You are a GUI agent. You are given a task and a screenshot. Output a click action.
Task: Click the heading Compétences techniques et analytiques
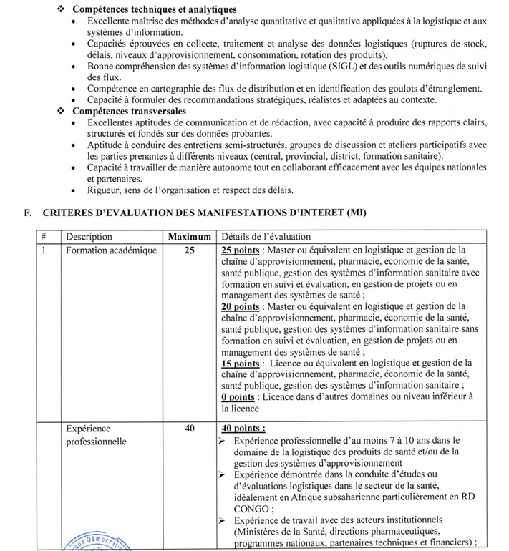[x=155, y=9]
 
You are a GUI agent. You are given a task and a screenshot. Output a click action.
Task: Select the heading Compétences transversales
[x=129, y=112]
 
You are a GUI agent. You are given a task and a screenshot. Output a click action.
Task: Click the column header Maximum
[x=190, y=237]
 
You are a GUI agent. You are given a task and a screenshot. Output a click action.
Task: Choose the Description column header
[x=89, y=237]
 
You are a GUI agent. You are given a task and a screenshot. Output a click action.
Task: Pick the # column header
[x=44, y=237]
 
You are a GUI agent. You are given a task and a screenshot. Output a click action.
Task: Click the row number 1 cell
[x=44, y=250]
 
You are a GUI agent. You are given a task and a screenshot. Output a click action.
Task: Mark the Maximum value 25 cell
[x=190, y=250]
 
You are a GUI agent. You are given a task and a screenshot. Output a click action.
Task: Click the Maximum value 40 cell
[x=190, y=429]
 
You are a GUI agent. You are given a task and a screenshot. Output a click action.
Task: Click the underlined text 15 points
[x=241, y=363]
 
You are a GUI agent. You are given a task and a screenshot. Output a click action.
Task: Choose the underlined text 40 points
[x=243, y=429]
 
